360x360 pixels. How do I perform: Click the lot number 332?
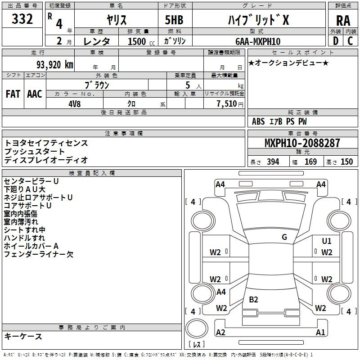(22, 18)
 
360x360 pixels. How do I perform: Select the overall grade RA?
(343, 21)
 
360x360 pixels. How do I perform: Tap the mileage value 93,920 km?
(55, 65)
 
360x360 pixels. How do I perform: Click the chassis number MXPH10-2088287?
(302, 143)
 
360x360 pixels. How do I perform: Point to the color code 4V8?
(75, 104)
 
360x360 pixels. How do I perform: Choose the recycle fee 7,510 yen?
(230, 104)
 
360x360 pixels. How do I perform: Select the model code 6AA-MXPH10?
(258, 41)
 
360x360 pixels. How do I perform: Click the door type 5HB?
(174, 20)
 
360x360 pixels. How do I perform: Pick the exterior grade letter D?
(336, 41)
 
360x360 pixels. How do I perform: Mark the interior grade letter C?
(350, 41)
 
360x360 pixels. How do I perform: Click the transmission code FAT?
(13, 94)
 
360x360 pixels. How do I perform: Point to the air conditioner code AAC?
(35, 94)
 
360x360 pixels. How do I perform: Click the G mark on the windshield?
(284, 237)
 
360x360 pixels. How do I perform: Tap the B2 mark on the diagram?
(253, 299)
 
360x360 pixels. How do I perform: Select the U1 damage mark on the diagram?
(327, 241)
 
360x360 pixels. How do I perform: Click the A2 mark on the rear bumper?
(220, 332)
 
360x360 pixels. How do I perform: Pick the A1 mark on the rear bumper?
(320, 332)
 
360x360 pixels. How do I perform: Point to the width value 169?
(310, 162)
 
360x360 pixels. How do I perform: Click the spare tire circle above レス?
(197, 328)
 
